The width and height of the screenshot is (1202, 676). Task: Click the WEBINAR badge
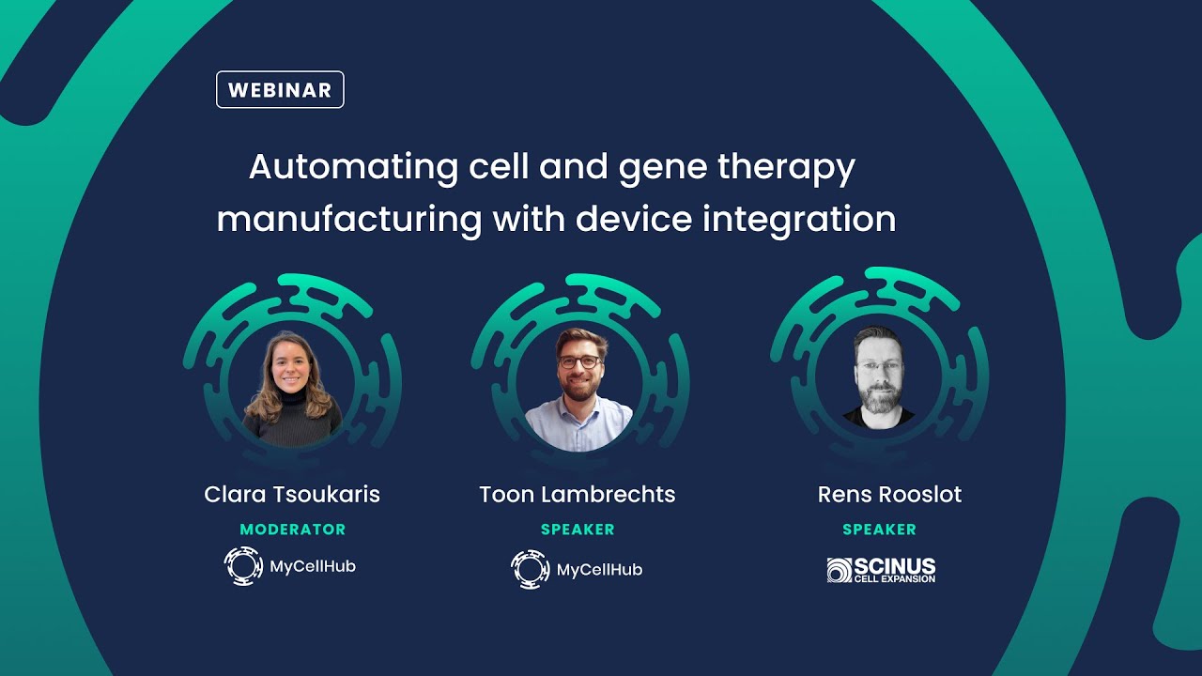[x=280, y=90]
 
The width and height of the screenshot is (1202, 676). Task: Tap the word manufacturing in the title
[x=348, y=220]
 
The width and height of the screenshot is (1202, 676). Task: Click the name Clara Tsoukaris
[x=292, y=495]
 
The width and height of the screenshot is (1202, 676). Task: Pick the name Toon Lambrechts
[x=577, y=495]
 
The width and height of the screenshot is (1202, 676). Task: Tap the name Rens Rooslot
[x=889, y=495]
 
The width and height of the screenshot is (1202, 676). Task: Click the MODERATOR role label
[x=292, y=530]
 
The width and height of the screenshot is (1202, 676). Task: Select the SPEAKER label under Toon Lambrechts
[x=578, y=530]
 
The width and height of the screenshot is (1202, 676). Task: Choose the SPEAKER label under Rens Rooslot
[x=879, y=530]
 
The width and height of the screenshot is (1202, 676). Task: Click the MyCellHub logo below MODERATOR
[x=290, y=566]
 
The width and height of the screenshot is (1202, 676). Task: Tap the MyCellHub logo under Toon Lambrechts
[x=577, y=569]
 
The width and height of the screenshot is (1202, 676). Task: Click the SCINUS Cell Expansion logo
[x=881, y=570]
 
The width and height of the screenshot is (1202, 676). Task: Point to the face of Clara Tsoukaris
[x=290, y=361]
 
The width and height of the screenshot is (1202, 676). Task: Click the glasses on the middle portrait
[x=578, y=361]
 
